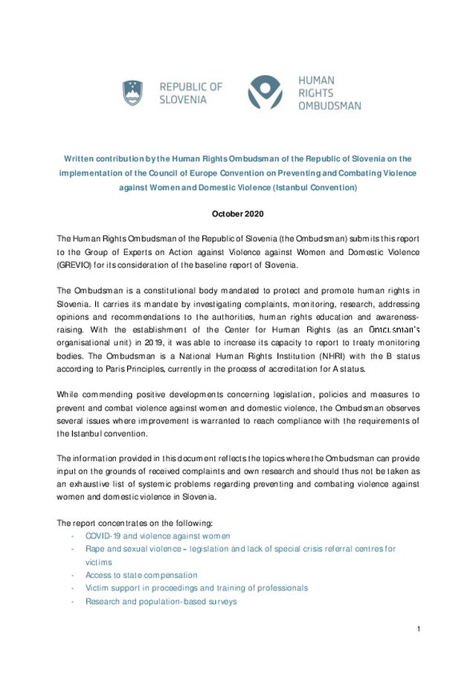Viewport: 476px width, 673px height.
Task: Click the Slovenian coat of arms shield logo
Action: click(132, 93)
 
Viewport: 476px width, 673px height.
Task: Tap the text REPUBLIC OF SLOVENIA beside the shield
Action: click(190, 93)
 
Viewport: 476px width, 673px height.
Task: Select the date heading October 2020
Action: click(237, 214)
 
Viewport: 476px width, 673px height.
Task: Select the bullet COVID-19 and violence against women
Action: click(158, 535)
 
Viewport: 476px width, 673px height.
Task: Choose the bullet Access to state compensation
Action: click(141, 575)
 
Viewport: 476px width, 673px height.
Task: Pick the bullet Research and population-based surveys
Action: click(161, 601)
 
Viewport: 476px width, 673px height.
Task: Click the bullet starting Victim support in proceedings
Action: click(196, 587)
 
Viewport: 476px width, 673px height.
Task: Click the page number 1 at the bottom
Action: click(419, 629)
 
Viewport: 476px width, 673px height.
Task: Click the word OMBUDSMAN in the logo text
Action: click(329, 106)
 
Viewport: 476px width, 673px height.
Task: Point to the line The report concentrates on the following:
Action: click(135, 522)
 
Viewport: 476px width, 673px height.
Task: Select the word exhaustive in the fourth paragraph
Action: click(91, 483)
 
